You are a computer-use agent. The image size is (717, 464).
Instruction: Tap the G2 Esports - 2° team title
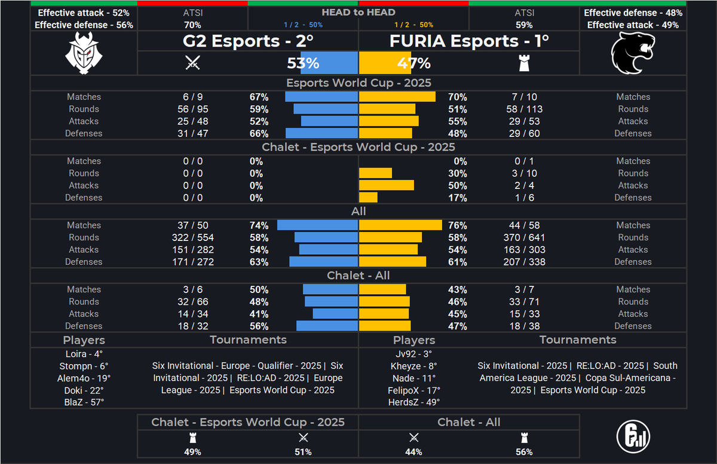click(x=248, y=41)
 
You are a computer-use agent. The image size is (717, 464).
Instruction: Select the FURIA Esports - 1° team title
click(x=469, y=41)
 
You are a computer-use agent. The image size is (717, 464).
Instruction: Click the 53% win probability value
click(x=303, y=63)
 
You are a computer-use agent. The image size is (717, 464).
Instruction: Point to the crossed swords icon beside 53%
click(x=192, y=63)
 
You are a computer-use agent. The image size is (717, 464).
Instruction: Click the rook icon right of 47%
click(x=524, y=63)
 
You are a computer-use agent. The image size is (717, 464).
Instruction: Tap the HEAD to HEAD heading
click(x=358, y=12)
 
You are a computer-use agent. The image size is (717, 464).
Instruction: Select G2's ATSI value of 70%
click(x=192, y=25)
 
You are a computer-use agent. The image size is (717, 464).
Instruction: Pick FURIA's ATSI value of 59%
click(x=524, y=25)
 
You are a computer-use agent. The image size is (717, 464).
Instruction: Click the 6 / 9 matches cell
click(x=192, y=97)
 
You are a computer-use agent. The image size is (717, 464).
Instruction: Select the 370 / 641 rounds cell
click(x=524, y=237)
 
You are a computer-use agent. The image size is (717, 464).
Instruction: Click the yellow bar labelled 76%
click(x=400, y=225)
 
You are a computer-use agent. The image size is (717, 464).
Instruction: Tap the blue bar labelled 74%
click(x=317, y=225)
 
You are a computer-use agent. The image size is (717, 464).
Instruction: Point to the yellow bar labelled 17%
click(x=368, y=197)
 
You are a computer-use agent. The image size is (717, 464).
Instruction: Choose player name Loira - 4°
click(x=84, y=353)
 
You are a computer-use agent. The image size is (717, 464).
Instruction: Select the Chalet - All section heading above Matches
click(x=358, y=276)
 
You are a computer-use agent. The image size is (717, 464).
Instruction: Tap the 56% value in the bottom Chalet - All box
click(x=524, y=452)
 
